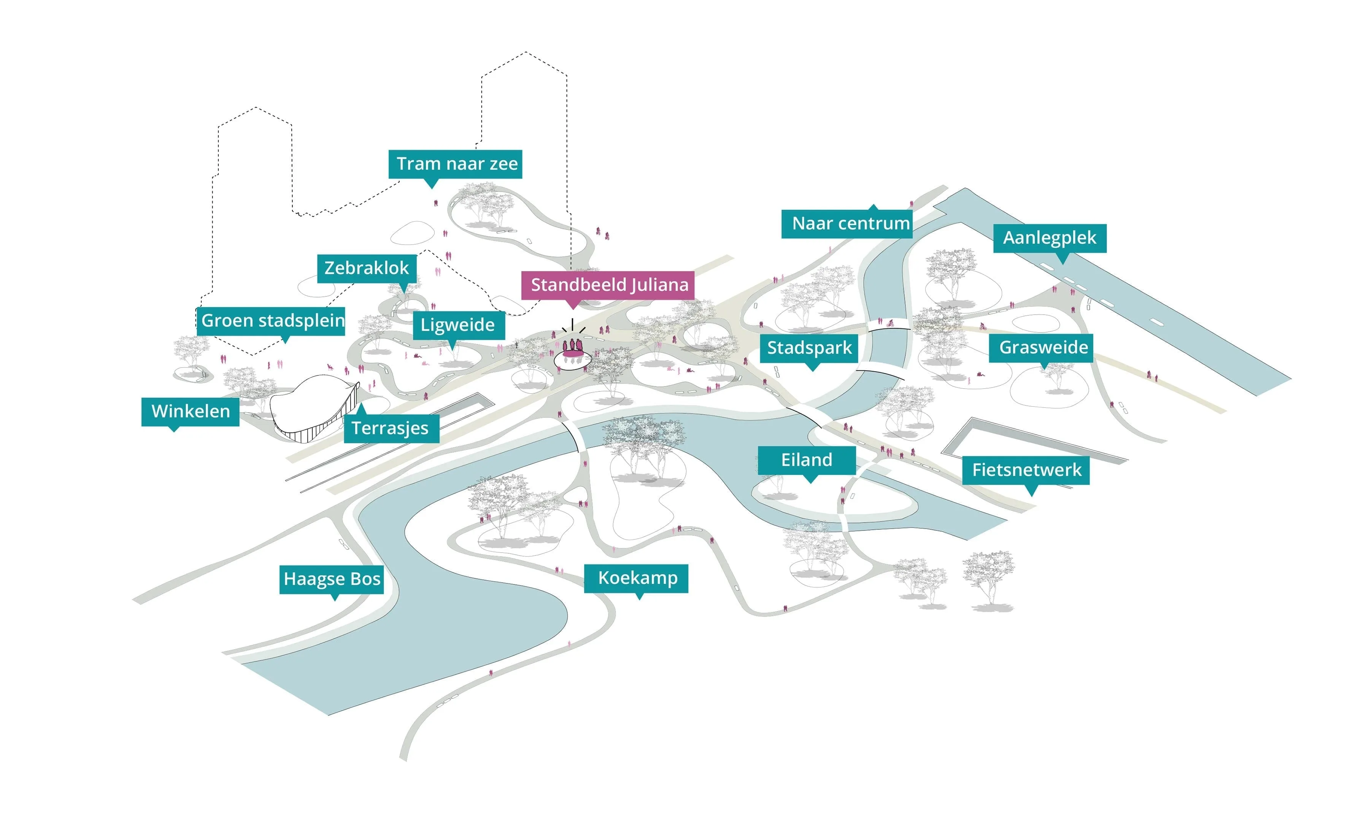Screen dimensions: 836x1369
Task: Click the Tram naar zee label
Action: pyautogui.click(x=455, y=164)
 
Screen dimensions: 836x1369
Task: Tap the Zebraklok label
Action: pyautogui.click(x=367, y=268)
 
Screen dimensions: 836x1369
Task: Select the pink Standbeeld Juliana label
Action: pyautogui.click(x=608, y=285)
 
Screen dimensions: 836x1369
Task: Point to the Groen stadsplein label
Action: pyautogui.click(x=271, y=321)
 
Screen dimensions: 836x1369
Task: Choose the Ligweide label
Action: pyautogui.click(x=458, y=325)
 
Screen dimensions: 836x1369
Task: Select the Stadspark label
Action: pyautogui.click(x=809, y=348)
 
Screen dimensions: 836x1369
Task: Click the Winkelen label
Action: pyautogui.click(x=191, y=411)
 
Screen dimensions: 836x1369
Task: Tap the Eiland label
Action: pyautogui.click(x=807, y=460)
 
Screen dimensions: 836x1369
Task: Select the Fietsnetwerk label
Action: pyautogui.click(x=1026, y=470)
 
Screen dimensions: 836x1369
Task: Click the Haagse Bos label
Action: pyautogui.click(x=332, y=579)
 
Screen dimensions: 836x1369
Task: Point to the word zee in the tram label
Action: pyautogui.click(x=502, y=164)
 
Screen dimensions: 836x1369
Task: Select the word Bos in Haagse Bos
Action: pyautogui.click(x=365, y=579)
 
